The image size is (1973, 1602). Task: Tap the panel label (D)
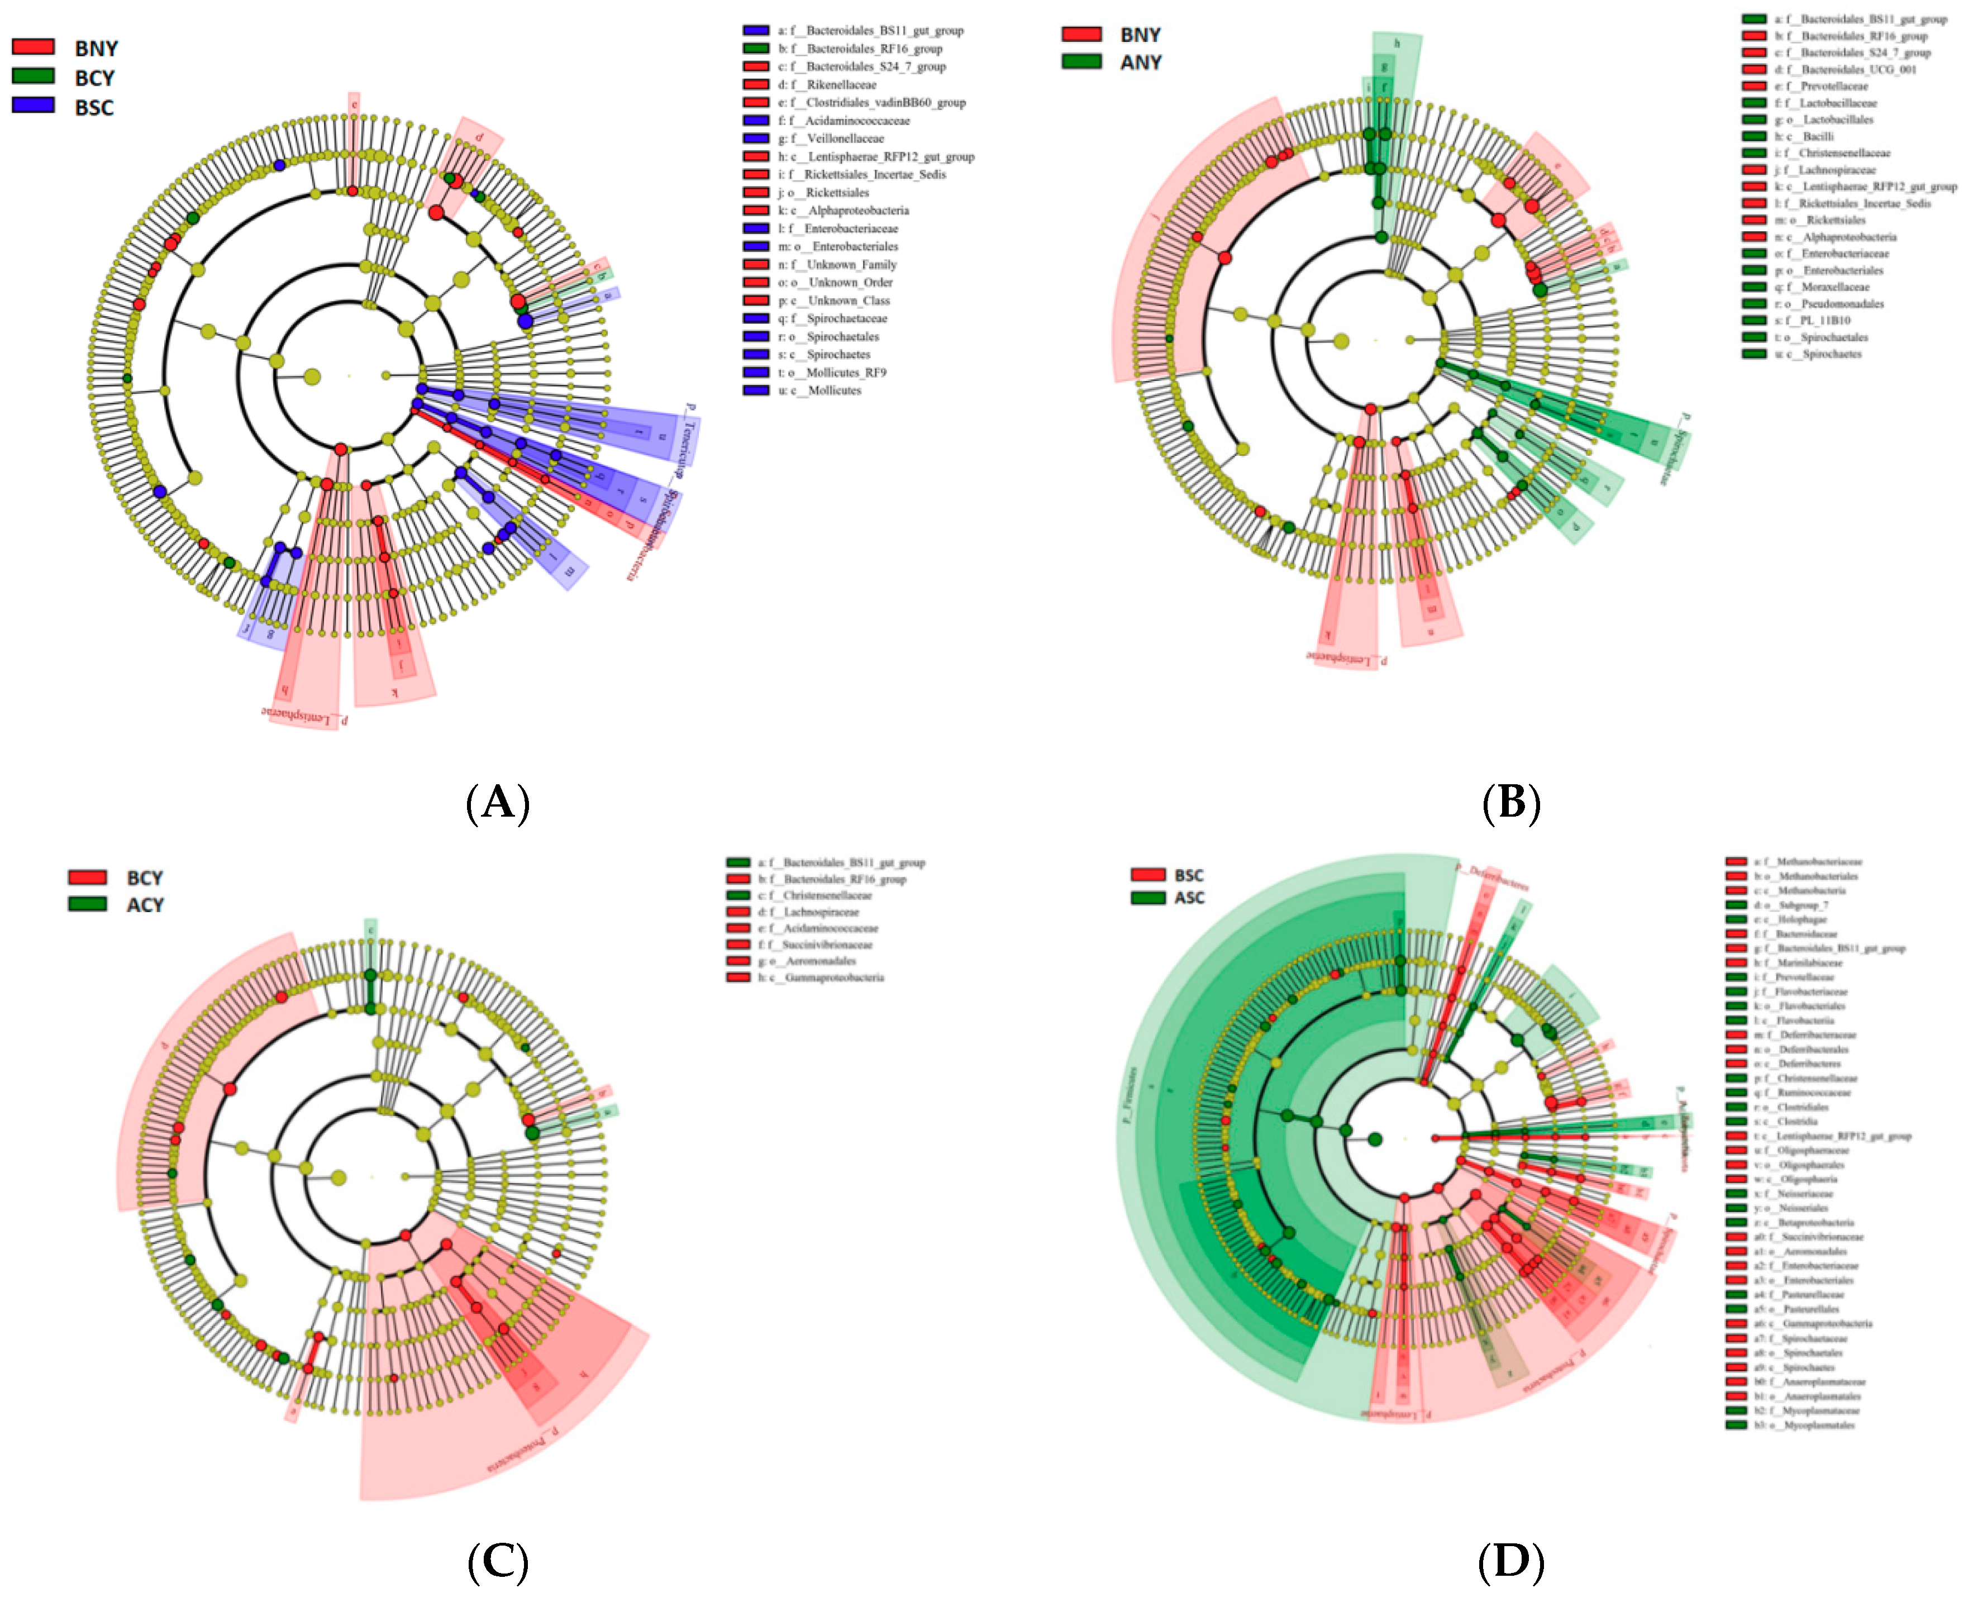[x=1510, y=1560]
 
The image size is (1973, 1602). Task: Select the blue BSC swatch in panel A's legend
[x=33, y=105]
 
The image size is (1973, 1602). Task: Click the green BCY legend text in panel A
[x=94, y=78]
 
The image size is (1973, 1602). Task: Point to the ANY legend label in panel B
[x=1141, y=63]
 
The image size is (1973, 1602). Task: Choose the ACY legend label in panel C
[x=145, y=905]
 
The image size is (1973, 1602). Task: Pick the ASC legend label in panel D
[x=1189, y=898]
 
